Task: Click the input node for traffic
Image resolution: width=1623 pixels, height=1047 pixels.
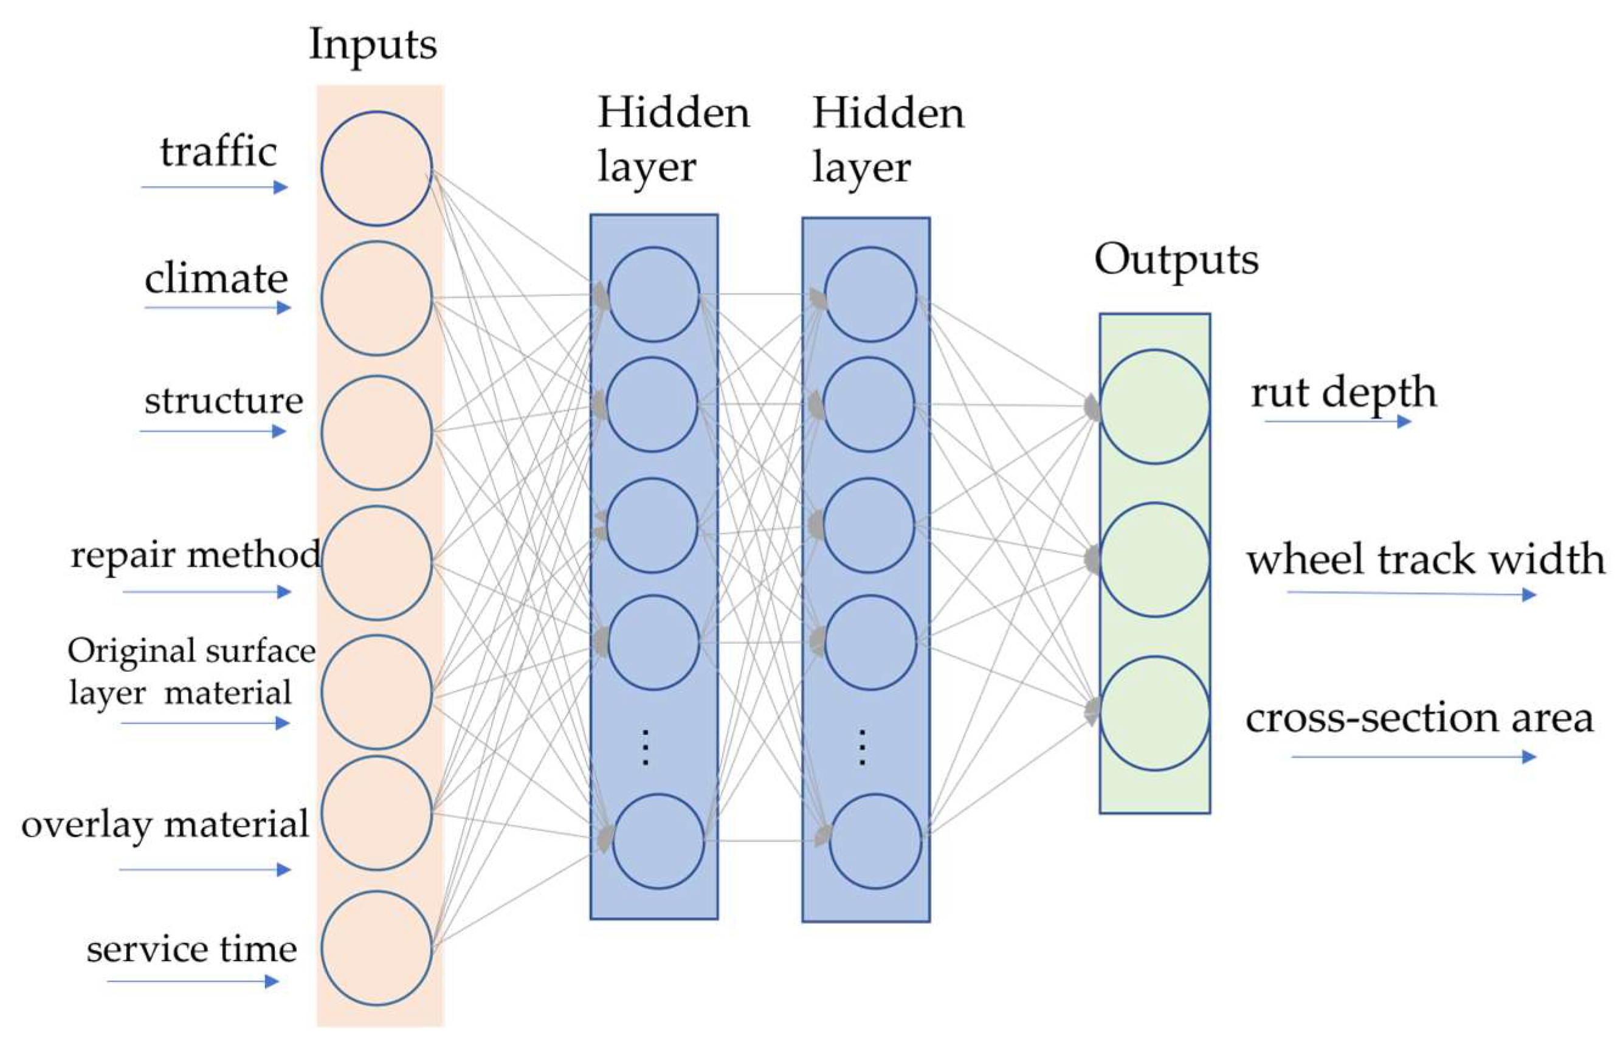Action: click(x=376, y=168)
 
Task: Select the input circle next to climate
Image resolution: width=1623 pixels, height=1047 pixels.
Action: click(x=376, y=298)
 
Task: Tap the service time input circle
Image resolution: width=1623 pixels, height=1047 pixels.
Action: click(x=376, y=948)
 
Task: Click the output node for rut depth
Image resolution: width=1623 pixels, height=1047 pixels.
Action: click(x=1155, y=407)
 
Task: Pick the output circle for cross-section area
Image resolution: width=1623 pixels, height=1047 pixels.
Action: click(x=1155, y=713)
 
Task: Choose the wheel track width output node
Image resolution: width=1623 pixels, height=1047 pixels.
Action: click(x=1155, y=559)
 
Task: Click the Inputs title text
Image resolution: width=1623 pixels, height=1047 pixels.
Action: click(x=373, y=45)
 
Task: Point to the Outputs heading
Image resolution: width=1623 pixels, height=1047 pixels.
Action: click(x=1176, y=260)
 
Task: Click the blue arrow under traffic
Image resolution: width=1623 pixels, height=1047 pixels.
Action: click(x=215, y=187)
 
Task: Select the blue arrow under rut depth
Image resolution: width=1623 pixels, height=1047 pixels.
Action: click(x=1337, y=421)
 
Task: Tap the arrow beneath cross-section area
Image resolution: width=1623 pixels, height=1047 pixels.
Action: click(x=1414, y=757)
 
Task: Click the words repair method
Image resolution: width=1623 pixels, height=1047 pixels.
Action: click(x=196, y=556)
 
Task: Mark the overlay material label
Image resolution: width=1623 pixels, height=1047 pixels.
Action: click(x=165, y=824)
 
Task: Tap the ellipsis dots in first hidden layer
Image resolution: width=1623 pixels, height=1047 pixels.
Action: click(x=645, y=747)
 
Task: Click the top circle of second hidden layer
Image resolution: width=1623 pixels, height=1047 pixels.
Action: click(x=870, y=294)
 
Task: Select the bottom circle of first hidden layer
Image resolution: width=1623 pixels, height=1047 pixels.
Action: click(x=658, y=841)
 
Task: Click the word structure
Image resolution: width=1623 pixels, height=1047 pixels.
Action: click(x=224, y=401)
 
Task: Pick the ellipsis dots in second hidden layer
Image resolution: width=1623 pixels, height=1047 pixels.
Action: click(x=862, y=747)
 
